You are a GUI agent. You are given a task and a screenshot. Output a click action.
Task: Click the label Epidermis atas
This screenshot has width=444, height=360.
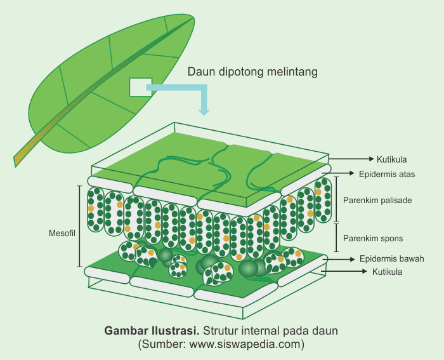coord(387,173)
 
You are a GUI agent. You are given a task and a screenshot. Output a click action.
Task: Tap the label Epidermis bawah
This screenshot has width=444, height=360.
coord(391,258)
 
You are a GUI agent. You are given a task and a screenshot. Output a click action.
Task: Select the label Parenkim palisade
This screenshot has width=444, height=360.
coord(377,200)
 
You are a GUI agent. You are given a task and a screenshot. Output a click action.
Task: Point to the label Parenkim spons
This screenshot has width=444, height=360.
coord(373,238)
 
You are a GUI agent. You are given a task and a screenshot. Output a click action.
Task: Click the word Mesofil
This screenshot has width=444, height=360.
coord(62,234)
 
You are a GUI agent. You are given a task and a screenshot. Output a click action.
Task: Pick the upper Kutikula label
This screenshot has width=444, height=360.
coord(391,159)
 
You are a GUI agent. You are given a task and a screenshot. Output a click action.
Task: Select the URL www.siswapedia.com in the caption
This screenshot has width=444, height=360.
coord(242,345)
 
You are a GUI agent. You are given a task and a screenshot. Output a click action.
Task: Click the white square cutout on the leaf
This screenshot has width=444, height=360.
coord(141,87)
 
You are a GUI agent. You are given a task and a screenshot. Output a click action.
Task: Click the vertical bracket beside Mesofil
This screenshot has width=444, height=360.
coord(79,226)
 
